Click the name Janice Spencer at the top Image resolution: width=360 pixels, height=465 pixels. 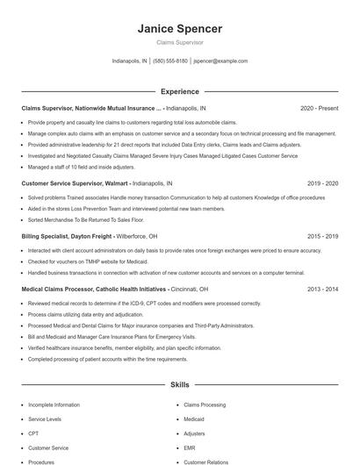179,28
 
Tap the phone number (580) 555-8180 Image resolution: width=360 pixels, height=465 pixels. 170,61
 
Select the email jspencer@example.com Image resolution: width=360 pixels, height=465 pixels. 220,61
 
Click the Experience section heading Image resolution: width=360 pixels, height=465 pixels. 179,91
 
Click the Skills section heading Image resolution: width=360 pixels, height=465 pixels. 179,384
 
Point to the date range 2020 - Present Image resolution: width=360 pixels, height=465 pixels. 319,108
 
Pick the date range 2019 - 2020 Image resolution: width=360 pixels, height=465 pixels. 322,184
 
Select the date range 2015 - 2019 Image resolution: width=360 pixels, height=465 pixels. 322,236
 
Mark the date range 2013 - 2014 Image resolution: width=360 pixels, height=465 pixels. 322,289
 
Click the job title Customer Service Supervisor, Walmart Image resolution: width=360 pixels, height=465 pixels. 74,184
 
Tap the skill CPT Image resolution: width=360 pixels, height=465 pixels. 33,433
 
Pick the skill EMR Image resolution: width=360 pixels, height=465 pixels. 191,447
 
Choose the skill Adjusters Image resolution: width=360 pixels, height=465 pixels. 195,433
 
